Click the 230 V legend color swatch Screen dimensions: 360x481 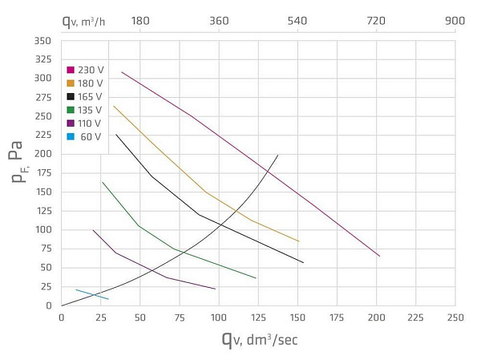click(x=71, y=70)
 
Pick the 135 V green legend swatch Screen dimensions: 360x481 click(x=71, y=110)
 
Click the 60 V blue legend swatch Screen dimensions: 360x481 click(x=71, y=137)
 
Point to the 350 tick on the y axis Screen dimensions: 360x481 click(x=43, y=40)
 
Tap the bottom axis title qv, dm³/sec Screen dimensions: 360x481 click(x=260, y=339)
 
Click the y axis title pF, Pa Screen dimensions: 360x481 click(x=18, y=163)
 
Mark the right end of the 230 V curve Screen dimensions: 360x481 click(x=379, y=256)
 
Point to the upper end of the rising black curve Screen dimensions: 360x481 click(x=277, y=155)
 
